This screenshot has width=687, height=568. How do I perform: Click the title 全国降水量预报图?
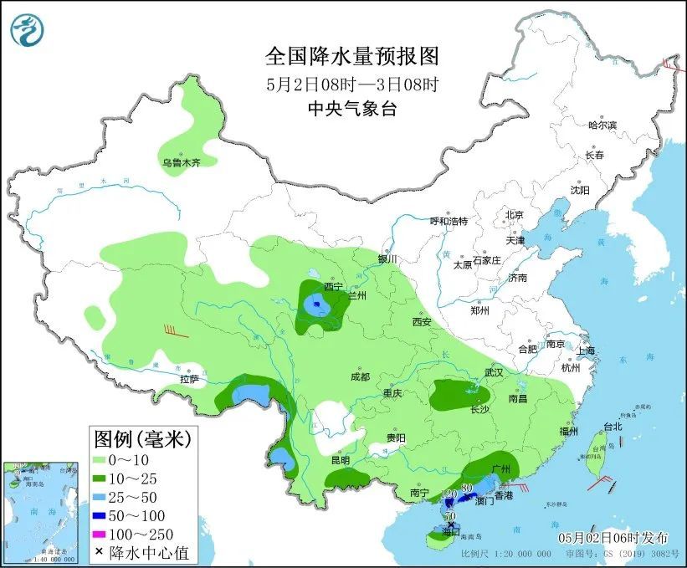tap(351, 57)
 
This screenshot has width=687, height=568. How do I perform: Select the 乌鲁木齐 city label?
tap(182, 163)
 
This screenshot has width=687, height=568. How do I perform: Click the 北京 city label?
tap(514, 215)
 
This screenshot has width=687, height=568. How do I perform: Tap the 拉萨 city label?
tap(189, 379)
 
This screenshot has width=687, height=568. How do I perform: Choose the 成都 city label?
tap(360, 377)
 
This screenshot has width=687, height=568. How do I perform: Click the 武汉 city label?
tap(494, 372)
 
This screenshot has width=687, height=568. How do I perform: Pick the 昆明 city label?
tap(340, 460)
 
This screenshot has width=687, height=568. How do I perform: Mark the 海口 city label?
tap(452, 531)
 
